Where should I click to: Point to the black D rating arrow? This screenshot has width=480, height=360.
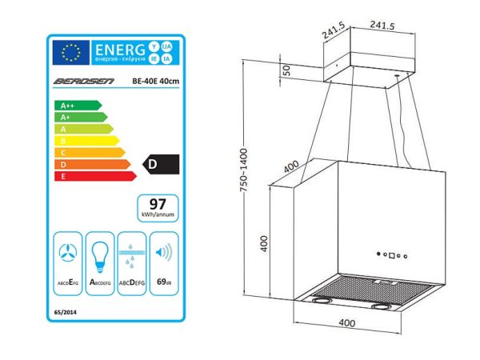click(158, 164)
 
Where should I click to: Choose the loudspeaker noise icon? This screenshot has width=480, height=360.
click(162, 253)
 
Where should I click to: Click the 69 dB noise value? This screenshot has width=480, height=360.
click(162, 282)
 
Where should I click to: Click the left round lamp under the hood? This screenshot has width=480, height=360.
click(322, 302)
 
